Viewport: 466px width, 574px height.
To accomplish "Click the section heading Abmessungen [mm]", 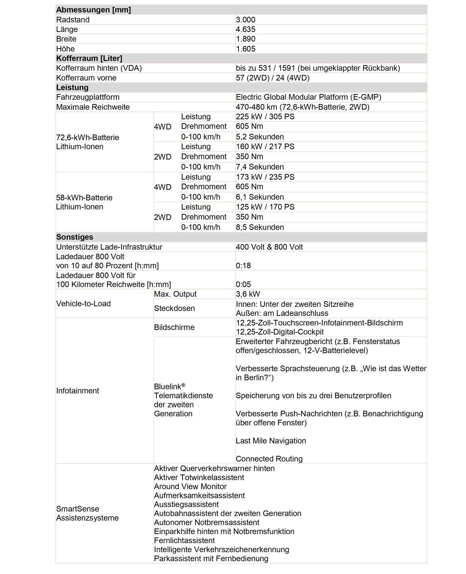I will tap(93, 10).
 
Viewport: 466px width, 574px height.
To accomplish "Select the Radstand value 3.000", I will tap(246, 20).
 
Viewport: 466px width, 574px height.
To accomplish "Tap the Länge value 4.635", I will tap(246, 29).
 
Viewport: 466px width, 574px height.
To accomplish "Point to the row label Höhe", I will tap(65, 49).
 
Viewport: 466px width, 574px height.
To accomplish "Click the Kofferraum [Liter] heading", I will tap(89, 58).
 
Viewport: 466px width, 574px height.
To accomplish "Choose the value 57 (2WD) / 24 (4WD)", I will tap(273, 78).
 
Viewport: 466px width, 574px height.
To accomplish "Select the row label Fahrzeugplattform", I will tap(88, 97).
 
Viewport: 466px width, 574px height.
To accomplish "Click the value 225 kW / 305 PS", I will tap(265, 117).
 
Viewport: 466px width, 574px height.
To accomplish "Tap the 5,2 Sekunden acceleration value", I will tap(260, 137).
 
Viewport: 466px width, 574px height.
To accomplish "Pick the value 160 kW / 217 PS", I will tap(265, 146).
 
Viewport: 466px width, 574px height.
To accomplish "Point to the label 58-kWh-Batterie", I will tap(84, 198).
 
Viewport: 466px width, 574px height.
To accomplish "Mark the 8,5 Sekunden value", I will tap(260, 227).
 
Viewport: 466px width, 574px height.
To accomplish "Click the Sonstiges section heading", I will tap(75, 237).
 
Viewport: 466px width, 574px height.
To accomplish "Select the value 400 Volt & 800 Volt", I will tap(269, 247).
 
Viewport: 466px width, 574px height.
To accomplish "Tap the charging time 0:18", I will tap(243, 266).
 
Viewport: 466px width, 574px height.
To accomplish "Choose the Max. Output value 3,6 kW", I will tap(248, 294).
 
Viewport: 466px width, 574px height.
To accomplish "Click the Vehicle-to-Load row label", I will tap(83, 304).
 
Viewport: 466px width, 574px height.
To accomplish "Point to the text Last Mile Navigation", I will tap(271, 441).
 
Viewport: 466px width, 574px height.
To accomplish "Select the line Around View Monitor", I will tap(190, 487).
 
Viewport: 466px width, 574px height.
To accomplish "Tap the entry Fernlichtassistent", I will tap(184, 540).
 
